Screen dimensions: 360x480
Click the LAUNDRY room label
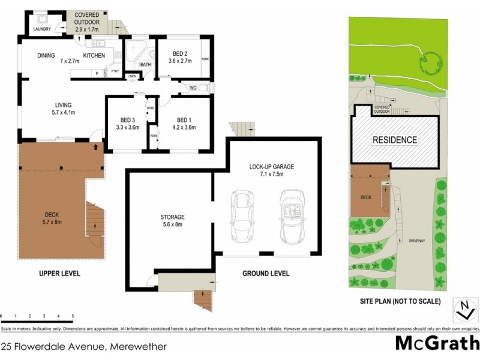tap(41, 28)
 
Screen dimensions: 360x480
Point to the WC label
tap(193, 88)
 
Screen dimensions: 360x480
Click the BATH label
tap(145, 64)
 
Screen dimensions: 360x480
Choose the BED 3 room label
tap(127, 123)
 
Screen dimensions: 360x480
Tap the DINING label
tap(46, 56)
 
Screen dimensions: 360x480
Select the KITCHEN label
tap(94, 56)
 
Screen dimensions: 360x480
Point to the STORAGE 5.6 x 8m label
tap(172, 220)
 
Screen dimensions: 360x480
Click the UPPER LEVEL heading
tap(61, 274)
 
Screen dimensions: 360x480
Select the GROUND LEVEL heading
tap(266, 274)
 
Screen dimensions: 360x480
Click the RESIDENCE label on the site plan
tap(395, 140)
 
